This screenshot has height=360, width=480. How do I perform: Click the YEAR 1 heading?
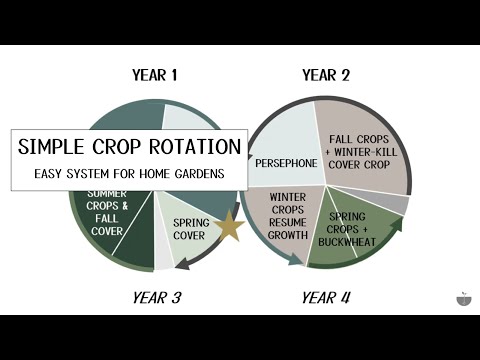pos(154,75)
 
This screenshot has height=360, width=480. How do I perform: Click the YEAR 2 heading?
pos(326,75)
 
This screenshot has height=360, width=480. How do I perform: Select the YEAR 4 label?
pos(326,297)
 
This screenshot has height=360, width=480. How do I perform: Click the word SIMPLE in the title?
pos(55,147)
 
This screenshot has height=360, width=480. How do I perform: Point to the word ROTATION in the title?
pos(194,147)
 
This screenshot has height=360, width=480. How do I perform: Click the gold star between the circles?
pos(229,227)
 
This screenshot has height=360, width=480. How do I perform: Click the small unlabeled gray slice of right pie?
pos(399,206)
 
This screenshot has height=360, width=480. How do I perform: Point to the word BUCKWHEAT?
pos(352,241)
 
